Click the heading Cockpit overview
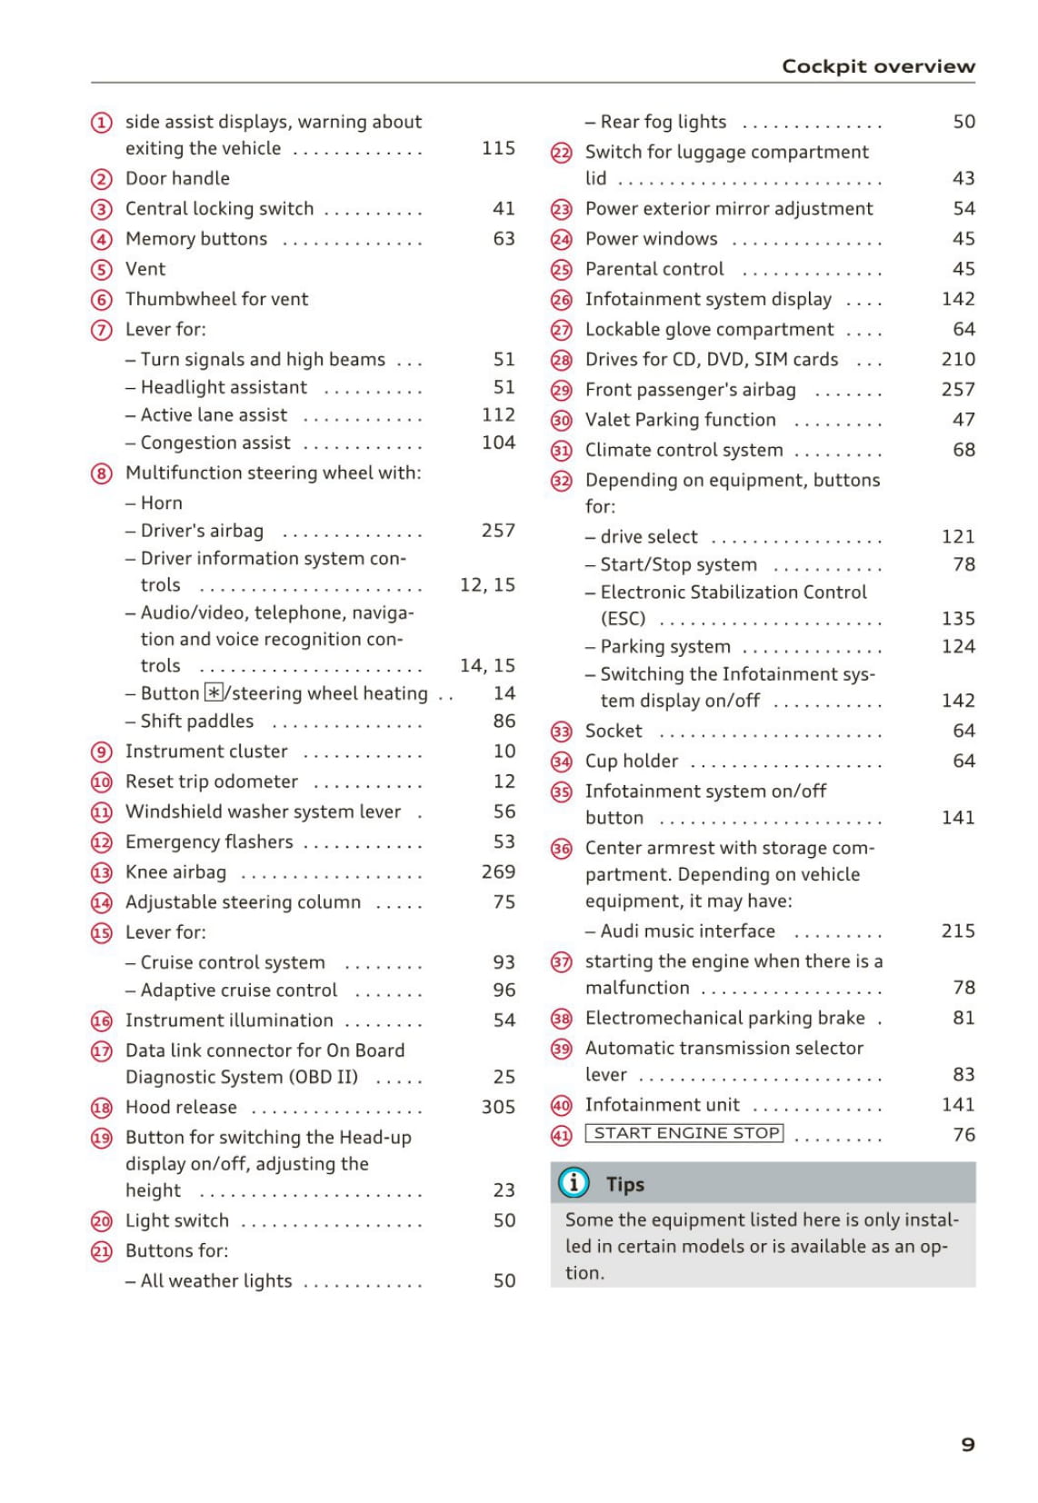[x=878, y=66]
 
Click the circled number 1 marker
[x=102, y=123]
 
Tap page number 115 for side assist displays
[x=498, y=148]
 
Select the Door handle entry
[x=177, y=178]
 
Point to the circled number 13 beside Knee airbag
[x=102, y=873]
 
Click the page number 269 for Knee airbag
[x=498, y=871]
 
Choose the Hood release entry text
[x=181, y=1107]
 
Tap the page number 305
[x=498, y=1107]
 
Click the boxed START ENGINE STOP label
[x=684, y=1133]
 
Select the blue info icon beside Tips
[x=574, y=1183]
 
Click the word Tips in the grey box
[x=625, y=1184]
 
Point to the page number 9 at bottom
[x=968, y=1444]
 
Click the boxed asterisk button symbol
[x=214, y=693]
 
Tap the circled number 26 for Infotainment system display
[x=562, y=300]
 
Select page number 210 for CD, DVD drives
[x=958, y=359]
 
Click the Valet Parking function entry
[x=680, y=420]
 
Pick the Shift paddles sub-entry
[x=196, y=722]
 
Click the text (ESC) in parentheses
[x=623, y=619]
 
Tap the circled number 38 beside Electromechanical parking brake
[x=562, y=1020]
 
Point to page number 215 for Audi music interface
[x=958, y=931]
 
